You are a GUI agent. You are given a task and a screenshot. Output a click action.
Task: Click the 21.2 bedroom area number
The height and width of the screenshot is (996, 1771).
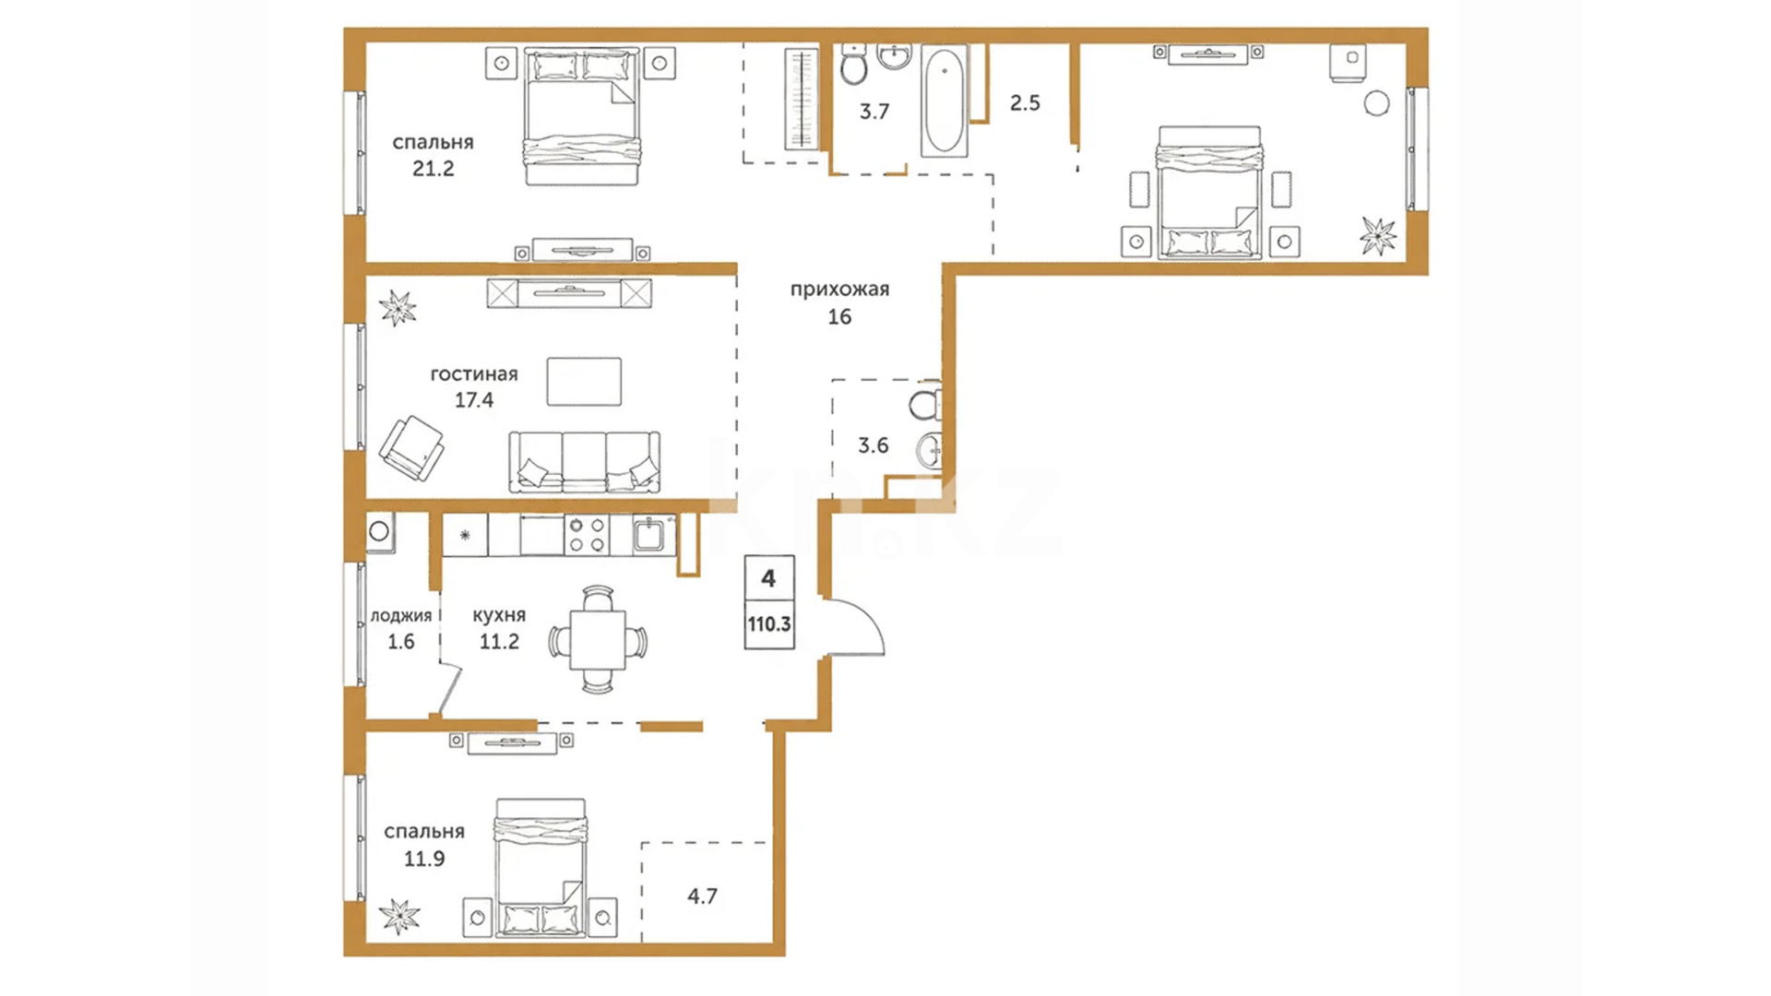(433, 169)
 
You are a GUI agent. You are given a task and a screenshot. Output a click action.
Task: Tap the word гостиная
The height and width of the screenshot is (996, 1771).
(474, 374)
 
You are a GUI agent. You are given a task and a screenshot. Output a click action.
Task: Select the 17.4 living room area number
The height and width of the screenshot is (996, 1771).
(474, 400)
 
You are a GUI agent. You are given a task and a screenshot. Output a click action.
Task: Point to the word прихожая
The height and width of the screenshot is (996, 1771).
(839, 290)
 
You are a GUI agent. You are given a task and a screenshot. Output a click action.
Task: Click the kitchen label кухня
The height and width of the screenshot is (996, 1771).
(499, 615)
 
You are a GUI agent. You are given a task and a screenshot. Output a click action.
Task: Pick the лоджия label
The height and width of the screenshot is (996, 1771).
(401, 616)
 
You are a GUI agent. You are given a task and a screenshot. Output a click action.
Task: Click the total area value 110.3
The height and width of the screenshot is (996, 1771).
(769, 624)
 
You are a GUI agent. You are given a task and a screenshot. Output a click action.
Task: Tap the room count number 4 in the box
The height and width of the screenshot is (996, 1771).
(768, 579)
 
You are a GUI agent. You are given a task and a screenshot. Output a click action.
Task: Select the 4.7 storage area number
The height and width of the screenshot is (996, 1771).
(702, 896)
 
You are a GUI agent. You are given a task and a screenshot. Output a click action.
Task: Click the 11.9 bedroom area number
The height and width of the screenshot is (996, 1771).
(424, 860)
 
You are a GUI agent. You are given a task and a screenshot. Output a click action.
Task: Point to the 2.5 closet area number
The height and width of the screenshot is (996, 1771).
(1025, 103)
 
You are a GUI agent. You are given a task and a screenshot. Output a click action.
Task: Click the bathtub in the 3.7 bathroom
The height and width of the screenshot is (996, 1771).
(944, 100)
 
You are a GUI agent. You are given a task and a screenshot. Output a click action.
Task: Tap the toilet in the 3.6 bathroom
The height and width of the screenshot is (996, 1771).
(924, 405)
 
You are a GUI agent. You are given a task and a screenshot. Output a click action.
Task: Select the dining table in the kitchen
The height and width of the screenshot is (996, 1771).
(598, 639)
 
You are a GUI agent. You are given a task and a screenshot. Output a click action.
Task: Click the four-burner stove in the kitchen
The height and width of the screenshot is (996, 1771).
(587, 535)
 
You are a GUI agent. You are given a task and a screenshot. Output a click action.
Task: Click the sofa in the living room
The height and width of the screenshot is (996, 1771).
(585, 462)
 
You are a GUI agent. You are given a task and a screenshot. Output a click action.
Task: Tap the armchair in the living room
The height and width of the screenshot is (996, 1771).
(412, 448)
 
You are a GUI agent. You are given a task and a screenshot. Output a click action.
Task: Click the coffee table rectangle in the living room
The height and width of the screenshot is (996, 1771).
(584, 382)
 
